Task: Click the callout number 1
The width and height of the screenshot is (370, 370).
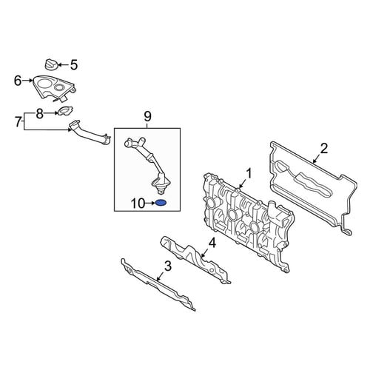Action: point(249,173)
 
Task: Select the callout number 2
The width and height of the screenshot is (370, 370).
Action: point(324,149)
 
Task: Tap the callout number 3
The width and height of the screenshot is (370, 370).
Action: point(168,266)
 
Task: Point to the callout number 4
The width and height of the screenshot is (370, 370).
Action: point(212,243)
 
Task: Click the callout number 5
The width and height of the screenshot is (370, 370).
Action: point(74,65)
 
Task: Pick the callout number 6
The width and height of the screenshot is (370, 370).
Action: point(18,81)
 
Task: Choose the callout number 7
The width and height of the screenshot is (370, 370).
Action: point(18,122)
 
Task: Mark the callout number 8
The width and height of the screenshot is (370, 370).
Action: point(40,114)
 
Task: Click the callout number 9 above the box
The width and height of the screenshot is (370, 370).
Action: point(147,116)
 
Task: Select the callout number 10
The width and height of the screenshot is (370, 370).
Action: point(138,203)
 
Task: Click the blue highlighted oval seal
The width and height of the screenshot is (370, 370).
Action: point(161,203)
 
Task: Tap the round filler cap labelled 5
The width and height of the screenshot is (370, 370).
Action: point(51,64)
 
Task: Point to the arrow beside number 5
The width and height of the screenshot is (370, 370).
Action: point(63,65)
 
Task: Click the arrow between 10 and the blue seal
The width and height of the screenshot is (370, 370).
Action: point(150,203)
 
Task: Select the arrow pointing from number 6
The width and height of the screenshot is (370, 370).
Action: point(27,80)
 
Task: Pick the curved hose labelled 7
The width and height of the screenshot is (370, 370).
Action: point(90,132)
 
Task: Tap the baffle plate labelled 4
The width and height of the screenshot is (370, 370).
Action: point(195,260)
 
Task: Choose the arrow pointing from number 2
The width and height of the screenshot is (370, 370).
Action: point(319,156)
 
